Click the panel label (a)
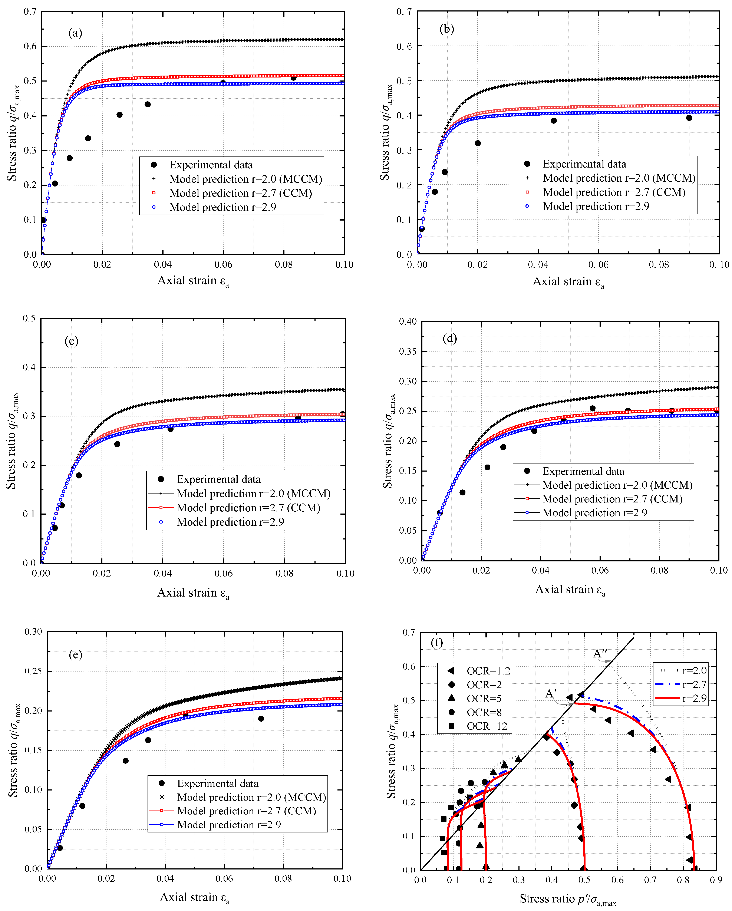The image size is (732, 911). tap(75, 33)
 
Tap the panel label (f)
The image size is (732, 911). tap(436, 643)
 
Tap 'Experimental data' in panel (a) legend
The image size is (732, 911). tap(211, 165)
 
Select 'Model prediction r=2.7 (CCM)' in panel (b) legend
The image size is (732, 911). tap(614, 192)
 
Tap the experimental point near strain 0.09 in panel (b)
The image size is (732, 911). tap(689, 118)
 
